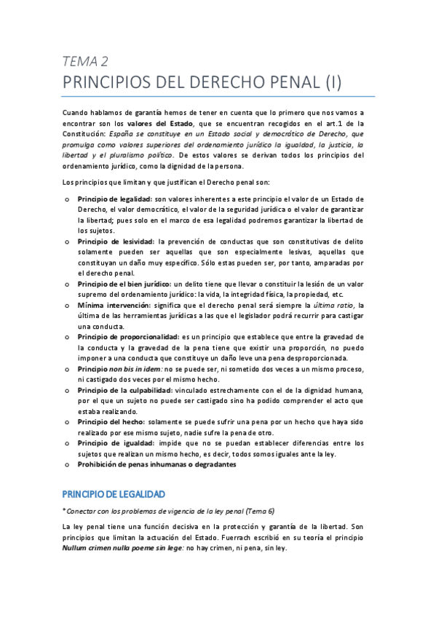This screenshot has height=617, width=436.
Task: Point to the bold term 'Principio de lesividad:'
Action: point(114,241)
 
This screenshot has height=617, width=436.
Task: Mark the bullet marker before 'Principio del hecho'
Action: point(67,422)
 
